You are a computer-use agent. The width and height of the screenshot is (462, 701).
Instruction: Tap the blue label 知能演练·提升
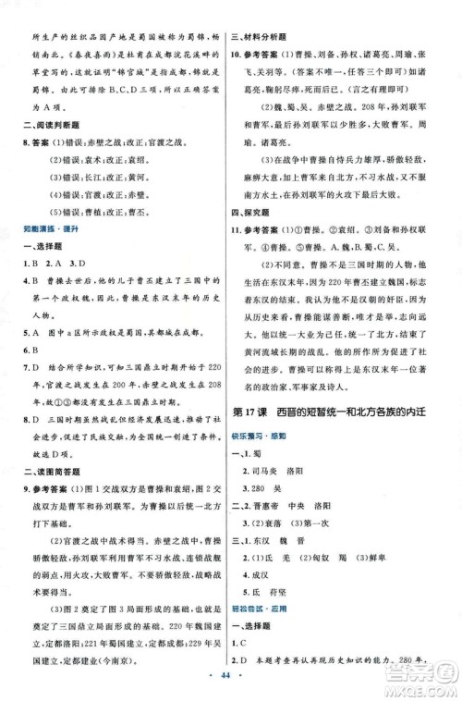click(47, 226)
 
